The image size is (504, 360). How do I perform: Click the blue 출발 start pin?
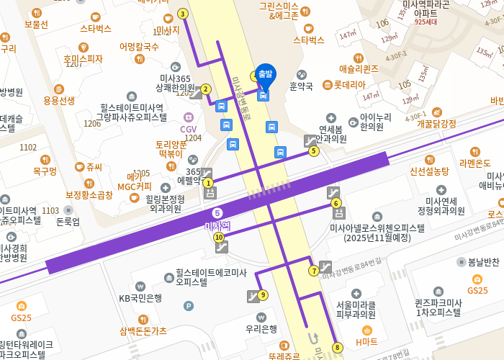point(265,74)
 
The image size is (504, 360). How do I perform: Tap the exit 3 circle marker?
point(183,14)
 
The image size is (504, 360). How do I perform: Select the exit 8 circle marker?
point(337,348)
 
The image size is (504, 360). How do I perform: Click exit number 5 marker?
point(313,151)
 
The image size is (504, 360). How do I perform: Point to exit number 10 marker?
point(219,237)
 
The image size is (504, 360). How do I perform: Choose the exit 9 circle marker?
point(264,294)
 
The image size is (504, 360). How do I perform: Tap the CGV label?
point(188,129)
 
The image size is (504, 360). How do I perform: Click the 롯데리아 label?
point(349,84)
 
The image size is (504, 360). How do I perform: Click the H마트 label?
point(366,341)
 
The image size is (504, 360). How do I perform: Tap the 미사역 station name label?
point(217,225)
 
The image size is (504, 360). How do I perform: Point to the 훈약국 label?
point(301,86)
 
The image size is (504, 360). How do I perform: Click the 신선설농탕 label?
point(429,171)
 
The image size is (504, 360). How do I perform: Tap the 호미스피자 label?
point(83,59)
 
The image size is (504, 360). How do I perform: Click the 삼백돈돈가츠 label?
point(143,330)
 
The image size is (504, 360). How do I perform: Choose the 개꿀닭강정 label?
point(436,123)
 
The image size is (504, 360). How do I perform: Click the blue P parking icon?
point(189,306)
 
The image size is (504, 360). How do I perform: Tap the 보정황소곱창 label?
point(89,194)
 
